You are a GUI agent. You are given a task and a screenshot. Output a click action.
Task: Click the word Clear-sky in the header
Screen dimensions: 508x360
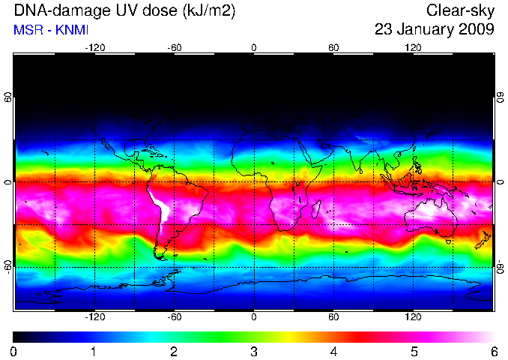point(460,11)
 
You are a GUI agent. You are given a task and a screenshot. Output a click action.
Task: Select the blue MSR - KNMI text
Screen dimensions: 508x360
point(51,30)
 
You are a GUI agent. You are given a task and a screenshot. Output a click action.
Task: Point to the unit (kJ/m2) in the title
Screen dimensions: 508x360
point(208,11)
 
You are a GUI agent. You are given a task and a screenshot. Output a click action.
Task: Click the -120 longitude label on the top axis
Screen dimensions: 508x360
point(95,48)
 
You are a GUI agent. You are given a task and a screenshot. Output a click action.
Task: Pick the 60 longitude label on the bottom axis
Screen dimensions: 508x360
point(333,316)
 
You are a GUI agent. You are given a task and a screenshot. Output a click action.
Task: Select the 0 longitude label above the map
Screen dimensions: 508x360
point(254,48)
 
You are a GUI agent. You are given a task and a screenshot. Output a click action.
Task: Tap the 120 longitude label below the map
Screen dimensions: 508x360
point(413,316)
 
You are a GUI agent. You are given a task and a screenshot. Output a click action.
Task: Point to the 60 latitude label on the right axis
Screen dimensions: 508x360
point(501,97)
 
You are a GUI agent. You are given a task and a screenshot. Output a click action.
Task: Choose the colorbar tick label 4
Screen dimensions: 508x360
point(333,351)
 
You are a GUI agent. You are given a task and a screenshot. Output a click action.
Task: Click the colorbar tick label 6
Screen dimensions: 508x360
point(494,351)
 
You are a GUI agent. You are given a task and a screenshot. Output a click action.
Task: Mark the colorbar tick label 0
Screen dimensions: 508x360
point(13,351)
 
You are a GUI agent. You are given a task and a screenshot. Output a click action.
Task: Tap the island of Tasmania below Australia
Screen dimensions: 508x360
point(449,241)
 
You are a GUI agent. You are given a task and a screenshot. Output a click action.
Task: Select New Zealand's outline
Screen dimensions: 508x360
point(483,240)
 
